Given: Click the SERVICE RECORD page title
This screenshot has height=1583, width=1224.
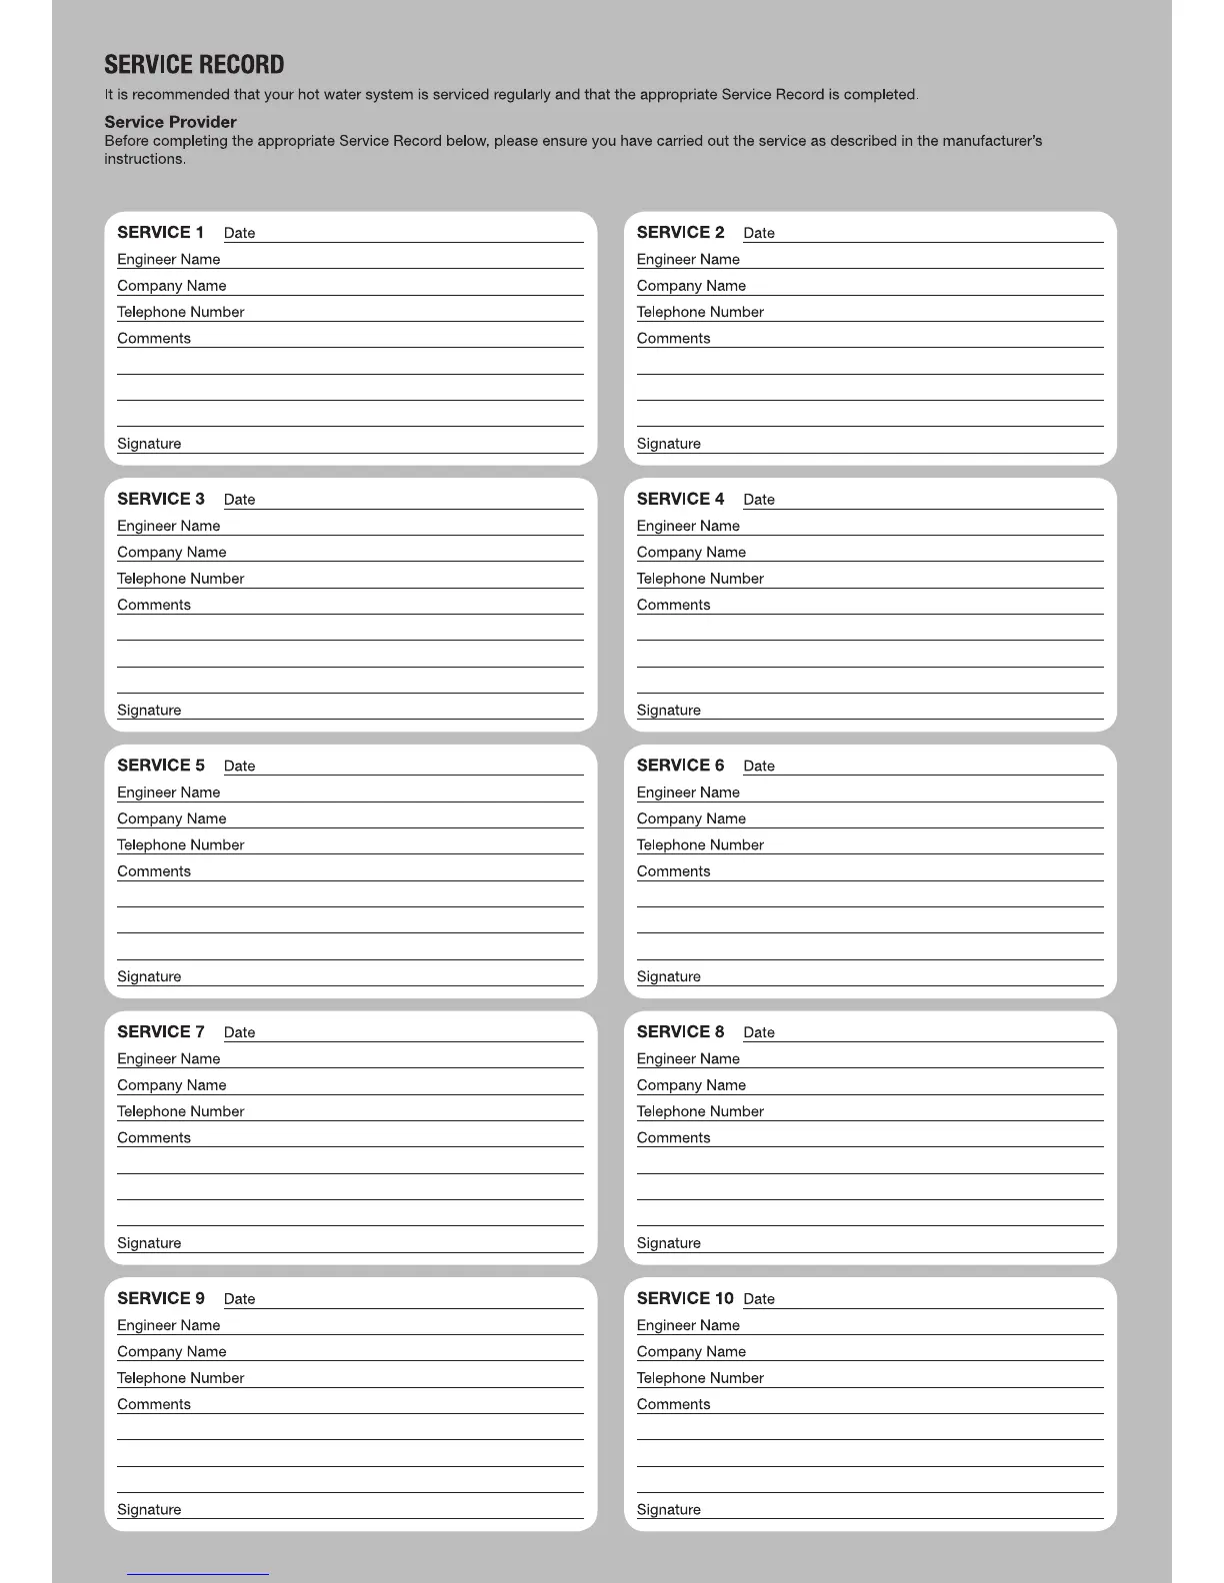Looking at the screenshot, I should pyautogui.click(x=194, y=65).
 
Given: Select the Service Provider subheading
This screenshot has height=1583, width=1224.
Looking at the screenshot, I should pyautogui.click(x=170, y=122).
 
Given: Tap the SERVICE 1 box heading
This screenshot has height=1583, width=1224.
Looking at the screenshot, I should pyautogui.click(x=160, y=232).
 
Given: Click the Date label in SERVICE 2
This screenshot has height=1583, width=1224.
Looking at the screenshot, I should pyautogui.click(x=759, y=233).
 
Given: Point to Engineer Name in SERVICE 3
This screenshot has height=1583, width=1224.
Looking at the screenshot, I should pyautogui.click(x=168, y=526).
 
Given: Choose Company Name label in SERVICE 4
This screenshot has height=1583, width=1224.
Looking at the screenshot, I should pyautogui.click(x=691, y=552).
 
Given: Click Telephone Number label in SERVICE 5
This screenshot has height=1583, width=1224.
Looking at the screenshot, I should pyautogui.click(x=180, y=844).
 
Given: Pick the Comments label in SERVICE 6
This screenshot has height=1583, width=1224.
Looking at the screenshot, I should pyautogui.click(x=673, y=871).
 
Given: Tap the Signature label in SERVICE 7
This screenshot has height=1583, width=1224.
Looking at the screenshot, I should pyautogui.click(x=149, y=1243).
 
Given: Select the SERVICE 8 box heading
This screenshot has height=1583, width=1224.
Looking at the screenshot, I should pyautogui.click(x=680, y=1031).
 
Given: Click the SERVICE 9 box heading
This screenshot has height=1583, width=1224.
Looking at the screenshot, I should pyautogui.click(x=160, y=1298).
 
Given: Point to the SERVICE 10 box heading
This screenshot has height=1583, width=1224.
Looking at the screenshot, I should pyautogui.click(x=685, y=1298).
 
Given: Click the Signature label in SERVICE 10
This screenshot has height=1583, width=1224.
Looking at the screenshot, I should pyautogui.click(x=669, y=1510).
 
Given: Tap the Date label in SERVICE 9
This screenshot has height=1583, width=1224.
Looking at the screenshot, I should pyautogui.click(x=239, y=1299).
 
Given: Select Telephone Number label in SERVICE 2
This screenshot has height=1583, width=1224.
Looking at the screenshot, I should pyautogui.click(x=700, y=312).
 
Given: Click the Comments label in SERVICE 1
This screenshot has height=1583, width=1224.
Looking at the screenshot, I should pyautogui.click(x=153, y=338).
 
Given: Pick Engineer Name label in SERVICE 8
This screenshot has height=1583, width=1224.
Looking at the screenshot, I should pyautogui.click(x=688, y=1058).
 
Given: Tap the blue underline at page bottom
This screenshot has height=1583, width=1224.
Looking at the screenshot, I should pyautogui.click(x=198, y=1574).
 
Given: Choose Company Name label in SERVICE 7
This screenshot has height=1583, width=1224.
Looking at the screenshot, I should pyautogui.click(x=171, y=1085).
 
